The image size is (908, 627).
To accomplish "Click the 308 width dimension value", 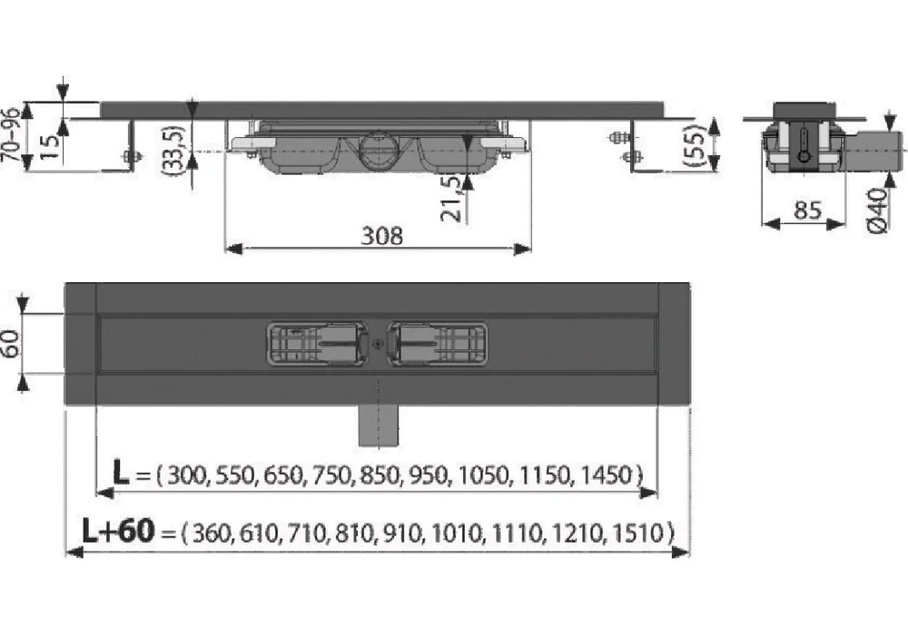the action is (381, 236).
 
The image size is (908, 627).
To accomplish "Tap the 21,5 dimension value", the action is (453, 198).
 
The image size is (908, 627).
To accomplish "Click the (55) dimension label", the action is (695, 146).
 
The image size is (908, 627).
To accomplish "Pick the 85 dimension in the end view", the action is (807, 211).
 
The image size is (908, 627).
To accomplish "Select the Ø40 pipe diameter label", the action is (878, 211).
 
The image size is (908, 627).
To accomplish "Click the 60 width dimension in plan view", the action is (12, 344).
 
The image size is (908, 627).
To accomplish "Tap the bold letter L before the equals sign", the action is (121, 473).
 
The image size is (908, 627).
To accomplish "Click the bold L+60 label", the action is (119, 530).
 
